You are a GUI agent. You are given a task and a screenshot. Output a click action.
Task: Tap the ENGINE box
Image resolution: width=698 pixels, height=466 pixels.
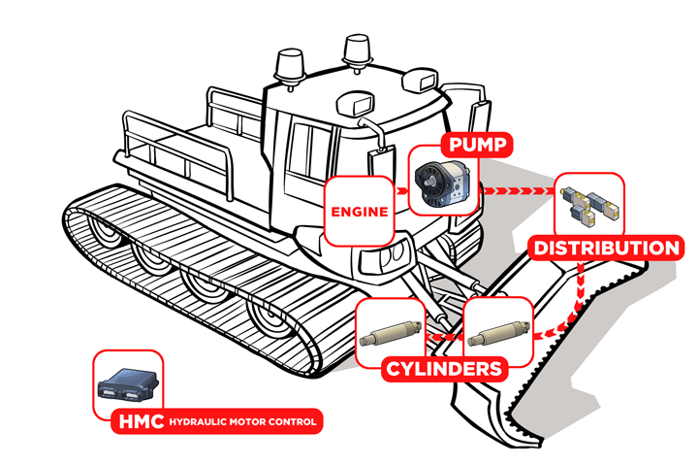[358, 211]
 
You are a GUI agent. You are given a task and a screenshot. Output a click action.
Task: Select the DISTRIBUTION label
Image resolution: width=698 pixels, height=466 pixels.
[606, 248]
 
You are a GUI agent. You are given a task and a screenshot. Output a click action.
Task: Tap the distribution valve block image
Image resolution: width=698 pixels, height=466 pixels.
[590, 203]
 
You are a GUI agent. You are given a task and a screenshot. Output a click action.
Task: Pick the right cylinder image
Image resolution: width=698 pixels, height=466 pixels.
[498, 332]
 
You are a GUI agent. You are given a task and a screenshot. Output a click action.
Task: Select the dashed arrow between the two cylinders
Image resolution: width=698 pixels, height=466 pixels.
[445, 335]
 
